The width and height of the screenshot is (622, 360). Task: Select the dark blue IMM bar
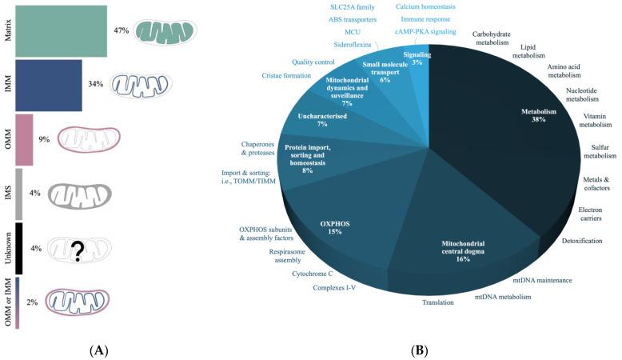click(x=48, y=85)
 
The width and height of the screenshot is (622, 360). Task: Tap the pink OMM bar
click(x=24, y=139)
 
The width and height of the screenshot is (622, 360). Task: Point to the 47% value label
click(x=122, y=30)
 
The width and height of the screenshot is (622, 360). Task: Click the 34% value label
click(x=96, y=83)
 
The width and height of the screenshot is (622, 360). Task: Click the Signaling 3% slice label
click(x=417, y=58)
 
